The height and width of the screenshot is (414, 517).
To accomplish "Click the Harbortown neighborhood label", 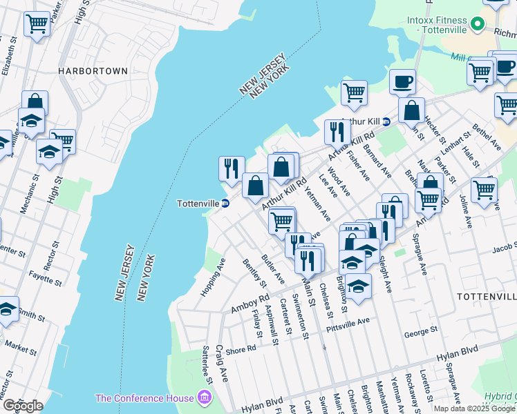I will pos(93,71).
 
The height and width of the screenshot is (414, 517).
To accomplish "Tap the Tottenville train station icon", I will pos(225,203).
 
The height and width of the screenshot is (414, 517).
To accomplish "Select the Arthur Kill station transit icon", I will pos(386,121).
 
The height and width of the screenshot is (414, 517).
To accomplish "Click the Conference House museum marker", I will pos(203,397).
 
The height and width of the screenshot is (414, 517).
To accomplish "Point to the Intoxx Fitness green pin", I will pos(476,26).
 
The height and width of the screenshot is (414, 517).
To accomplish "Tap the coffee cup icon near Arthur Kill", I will pos(402,82).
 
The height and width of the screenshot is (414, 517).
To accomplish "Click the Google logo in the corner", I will pos(22,406).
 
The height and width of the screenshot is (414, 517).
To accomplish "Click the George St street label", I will pos(418,333).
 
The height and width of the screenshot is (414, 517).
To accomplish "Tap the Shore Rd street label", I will pos(241,348).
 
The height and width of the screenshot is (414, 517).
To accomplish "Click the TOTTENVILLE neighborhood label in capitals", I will pos(487,295).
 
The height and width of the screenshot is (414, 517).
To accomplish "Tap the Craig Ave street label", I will pos(222,363).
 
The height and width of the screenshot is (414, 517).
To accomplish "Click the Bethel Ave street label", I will pos(487,138).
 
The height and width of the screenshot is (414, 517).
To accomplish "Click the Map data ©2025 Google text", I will pos(474,408).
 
